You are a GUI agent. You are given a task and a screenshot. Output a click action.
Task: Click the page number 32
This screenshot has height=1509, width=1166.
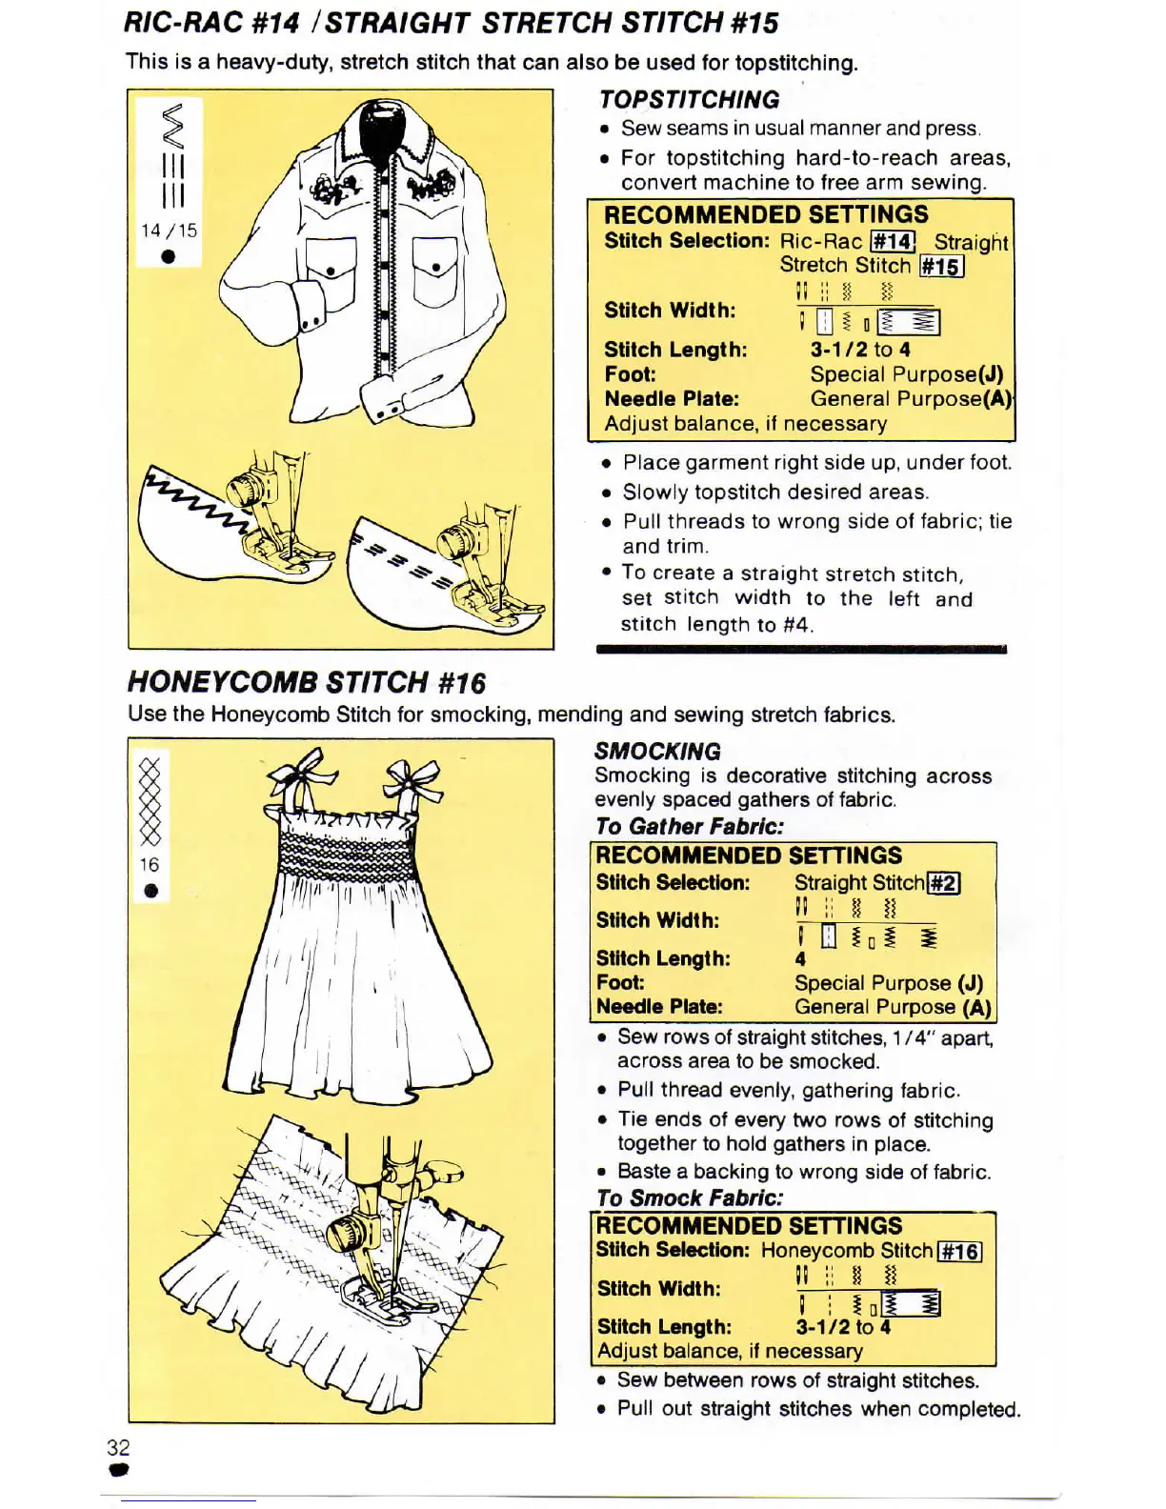tap(118, 1447)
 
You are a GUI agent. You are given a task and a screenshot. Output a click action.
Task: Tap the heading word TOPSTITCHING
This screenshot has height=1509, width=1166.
tap(689, 100)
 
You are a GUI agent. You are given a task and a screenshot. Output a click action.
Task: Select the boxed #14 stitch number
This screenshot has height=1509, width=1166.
tap(893, 242)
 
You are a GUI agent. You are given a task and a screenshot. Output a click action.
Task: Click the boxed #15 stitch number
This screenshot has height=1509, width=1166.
tap(941, 267)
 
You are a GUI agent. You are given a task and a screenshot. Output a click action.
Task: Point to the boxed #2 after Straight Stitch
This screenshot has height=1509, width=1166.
tap(943, 883)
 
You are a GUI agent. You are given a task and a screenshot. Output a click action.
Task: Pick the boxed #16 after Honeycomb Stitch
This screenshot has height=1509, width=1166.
tap(959, 1251)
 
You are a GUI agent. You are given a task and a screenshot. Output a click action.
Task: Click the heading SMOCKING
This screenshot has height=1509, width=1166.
tap(657, 751)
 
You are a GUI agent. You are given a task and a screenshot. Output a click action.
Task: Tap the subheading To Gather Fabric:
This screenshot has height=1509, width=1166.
tap(690, 826)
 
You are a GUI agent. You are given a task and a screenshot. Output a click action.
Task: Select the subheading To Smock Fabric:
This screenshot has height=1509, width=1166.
tap(690, 1197)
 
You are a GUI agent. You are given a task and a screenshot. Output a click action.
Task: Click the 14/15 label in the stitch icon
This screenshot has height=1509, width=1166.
tap(169, 231)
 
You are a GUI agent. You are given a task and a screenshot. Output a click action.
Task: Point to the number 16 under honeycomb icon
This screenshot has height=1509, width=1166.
tap(150, 865)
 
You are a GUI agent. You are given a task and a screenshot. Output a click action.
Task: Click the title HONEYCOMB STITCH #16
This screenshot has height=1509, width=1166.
tap(307, 682)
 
